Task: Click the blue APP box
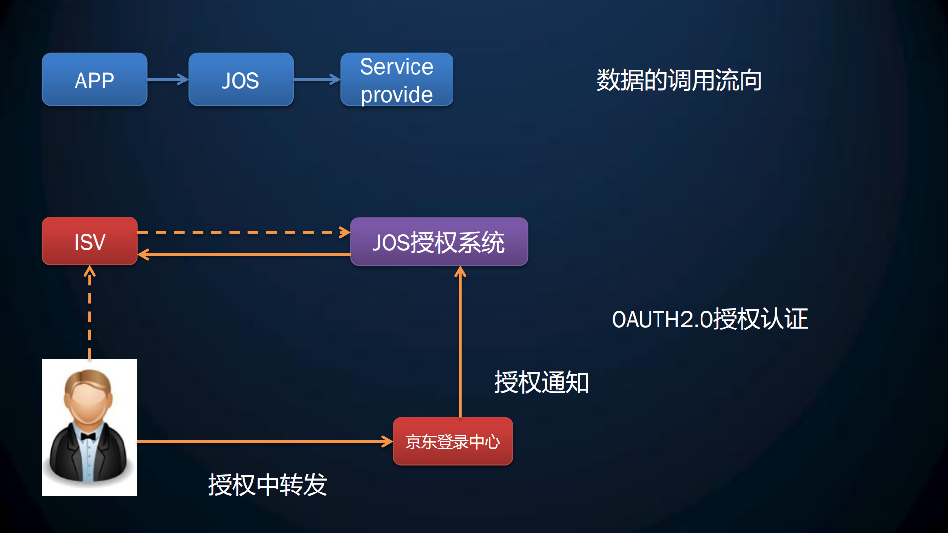[94, 80]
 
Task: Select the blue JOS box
[241, 80]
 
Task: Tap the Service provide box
[397, 80]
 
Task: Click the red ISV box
[89, 241]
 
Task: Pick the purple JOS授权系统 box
[439, 242]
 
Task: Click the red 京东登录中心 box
[453, 441]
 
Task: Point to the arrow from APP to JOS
[167, 79]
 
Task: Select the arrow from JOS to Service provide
[317, 79]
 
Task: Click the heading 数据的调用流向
[679, 80]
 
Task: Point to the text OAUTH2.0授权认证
[709, 319]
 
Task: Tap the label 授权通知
[541, 382]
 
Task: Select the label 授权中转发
[267, 485]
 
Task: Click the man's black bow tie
[88, 436]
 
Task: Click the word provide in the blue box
[397, 94]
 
